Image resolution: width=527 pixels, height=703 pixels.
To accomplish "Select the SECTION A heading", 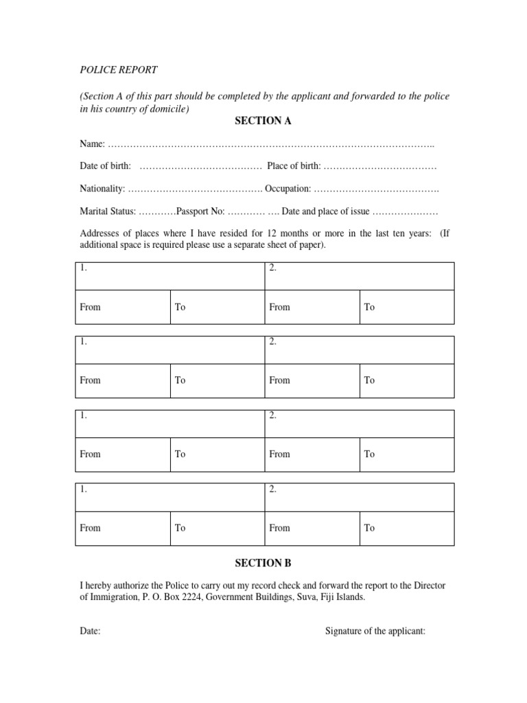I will click(263, 121).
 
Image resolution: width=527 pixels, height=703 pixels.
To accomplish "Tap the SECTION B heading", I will click(263, 563).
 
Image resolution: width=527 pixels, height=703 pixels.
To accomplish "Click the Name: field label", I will click(93, 144).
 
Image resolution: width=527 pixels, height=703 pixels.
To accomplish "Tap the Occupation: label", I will click(288, 189).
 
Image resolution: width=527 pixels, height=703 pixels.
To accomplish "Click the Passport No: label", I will click(200, 211).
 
